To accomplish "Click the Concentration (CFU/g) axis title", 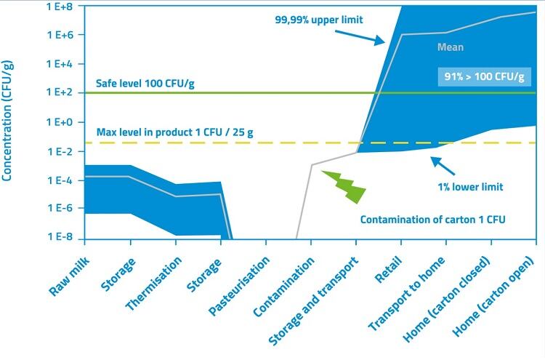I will [8, 121].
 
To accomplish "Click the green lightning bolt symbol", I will [344, 187].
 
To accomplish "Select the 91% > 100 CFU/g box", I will [483, 76].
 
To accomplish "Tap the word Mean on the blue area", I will [450, 47].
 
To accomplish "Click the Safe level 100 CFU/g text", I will [145, 84].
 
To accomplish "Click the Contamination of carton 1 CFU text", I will [432, 220].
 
